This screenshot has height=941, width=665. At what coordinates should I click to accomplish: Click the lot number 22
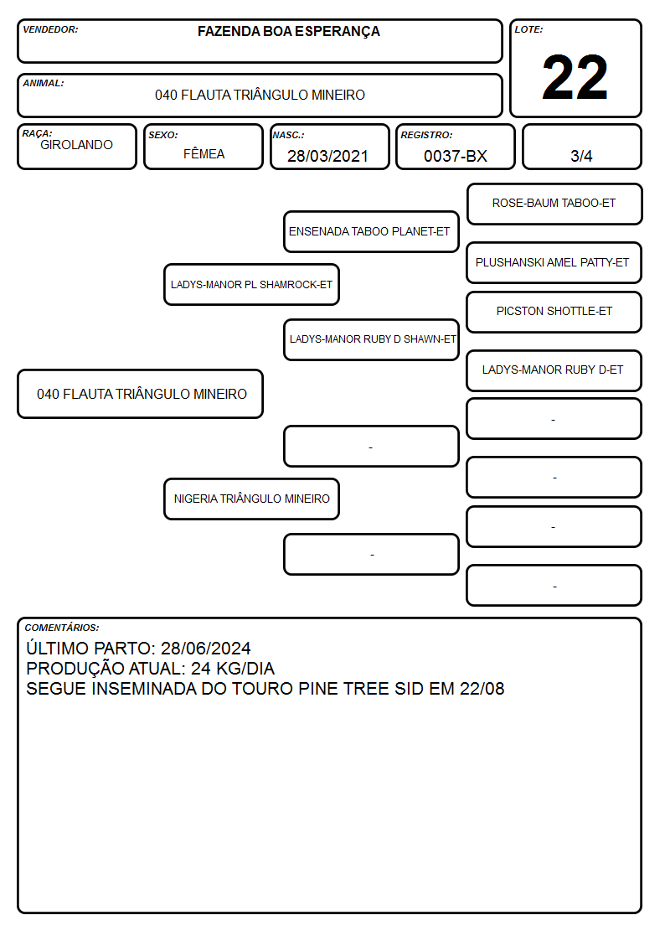[x=575, y=77]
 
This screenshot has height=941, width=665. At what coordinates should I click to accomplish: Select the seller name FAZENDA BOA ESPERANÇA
[x=288, y=32]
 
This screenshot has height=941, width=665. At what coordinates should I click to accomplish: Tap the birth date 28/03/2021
[x=327, y=156]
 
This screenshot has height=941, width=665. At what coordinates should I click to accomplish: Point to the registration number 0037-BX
[x=455, y=156]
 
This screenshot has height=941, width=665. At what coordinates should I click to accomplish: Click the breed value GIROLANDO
[x=76, y=145]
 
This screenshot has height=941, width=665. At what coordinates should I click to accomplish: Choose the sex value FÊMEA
[x=204, y=153]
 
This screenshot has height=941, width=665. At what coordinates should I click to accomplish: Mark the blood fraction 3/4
[x=581, y=156]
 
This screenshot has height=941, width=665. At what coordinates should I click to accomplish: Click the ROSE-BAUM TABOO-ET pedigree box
[x=554, y=204]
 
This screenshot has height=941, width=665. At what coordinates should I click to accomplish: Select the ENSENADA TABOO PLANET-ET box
[x=371, y=231]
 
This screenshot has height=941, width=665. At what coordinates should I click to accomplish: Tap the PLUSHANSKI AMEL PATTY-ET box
[x=554, y=263]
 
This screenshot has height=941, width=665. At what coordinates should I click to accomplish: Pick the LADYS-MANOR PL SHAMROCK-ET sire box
[x=252, y=284]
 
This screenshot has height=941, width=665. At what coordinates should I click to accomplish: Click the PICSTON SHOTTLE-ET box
[x=554, y=312]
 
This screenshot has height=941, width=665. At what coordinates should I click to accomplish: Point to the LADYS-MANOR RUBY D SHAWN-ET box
[x=371, y=339]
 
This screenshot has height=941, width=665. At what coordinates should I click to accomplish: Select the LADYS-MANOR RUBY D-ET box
[x=554, y=370]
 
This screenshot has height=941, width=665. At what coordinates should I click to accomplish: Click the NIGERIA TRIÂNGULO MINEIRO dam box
[x=252, y=499]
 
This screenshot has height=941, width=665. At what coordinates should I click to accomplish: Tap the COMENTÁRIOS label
[x=62, y=628]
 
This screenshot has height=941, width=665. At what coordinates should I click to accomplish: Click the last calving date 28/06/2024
[x=206, y=648]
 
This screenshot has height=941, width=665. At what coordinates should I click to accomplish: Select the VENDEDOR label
[x=50, y=29]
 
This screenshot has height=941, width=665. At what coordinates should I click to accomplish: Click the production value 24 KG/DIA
[x=233, y=669]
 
